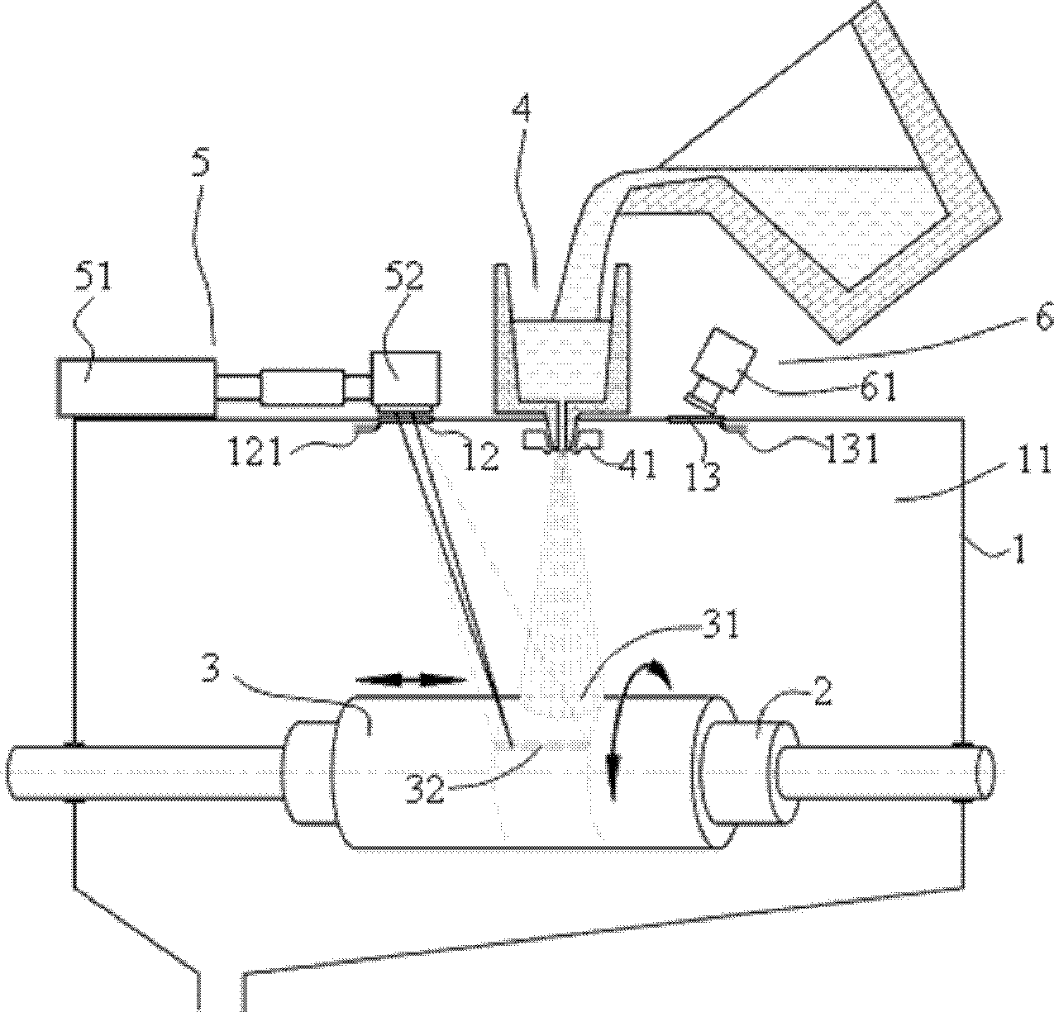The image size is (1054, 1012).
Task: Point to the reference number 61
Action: (x=877, y=387)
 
